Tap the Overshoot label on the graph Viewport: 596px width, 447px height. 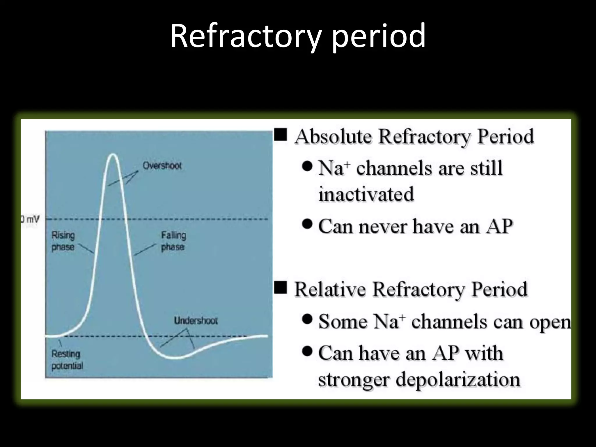162,166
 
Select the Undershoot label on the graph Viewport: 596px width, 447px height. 196,321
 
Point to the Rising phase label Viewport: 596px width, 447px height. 63,241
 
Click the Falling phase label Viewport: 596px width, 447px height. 173,241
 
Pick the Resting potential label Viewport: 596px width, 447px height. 67,360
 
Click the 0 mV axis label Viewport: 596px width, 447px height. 30,219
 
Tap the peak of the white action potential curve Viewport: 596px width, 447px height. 113,155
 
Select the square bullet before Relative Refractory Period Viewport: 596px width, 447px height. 281,288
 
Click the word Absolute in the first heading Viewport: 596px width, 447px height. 333,136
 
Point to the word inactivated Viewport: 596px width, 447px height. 366,194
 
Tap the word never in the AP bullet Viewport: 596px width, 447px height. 382,226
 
